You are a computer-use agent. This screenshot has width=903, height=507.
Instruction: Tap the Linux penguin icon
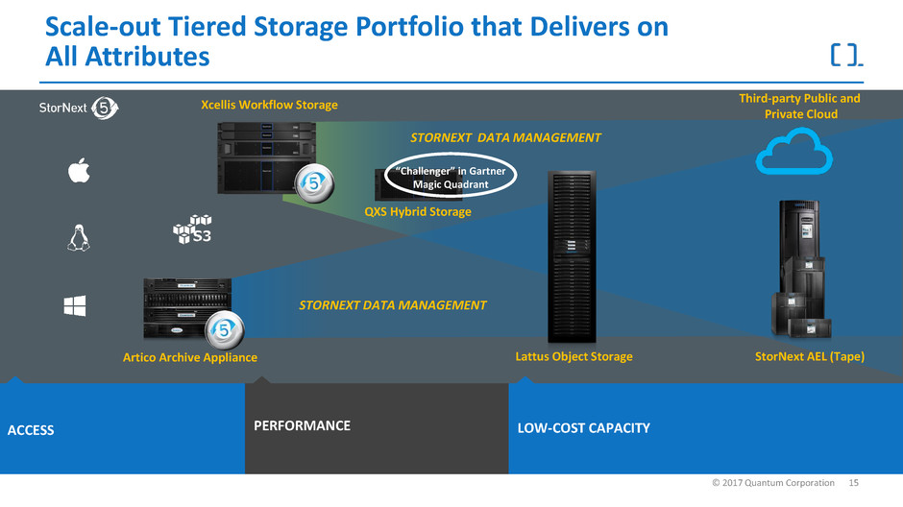[x=78, y=237]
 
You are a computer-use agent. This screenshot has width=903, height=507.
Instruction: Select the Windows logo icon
[x=76, y=305]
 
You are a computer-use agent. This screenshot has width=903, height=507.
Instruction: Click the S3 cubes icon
[x=191, y=229]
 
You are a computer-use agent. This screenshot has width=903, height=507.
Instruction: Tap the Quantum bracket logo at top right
[x=845, y=54]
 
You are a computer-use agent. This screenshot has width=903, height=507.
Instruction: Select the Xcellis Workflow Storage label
[x=270, y=104]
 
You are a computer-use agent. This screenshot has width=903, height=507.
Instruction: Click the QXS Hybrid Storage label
[x=418, y=211]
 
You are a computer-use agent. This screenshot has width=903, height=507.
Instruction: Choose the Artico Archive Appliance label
[x=190, y=357]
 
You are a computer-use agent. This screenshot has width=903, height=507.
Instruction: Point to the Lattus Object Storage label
[x=574, y=356]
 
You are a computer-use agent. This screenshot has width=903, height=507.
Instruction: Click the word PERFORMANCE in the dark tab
[x=302, y=425]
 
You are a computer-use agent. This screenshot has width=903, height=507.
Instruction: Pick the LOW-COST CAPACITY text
[x=584, y=427]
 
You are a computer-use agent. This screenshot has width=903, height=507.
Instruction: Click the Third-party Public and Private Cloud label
[x=799, y=106]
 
